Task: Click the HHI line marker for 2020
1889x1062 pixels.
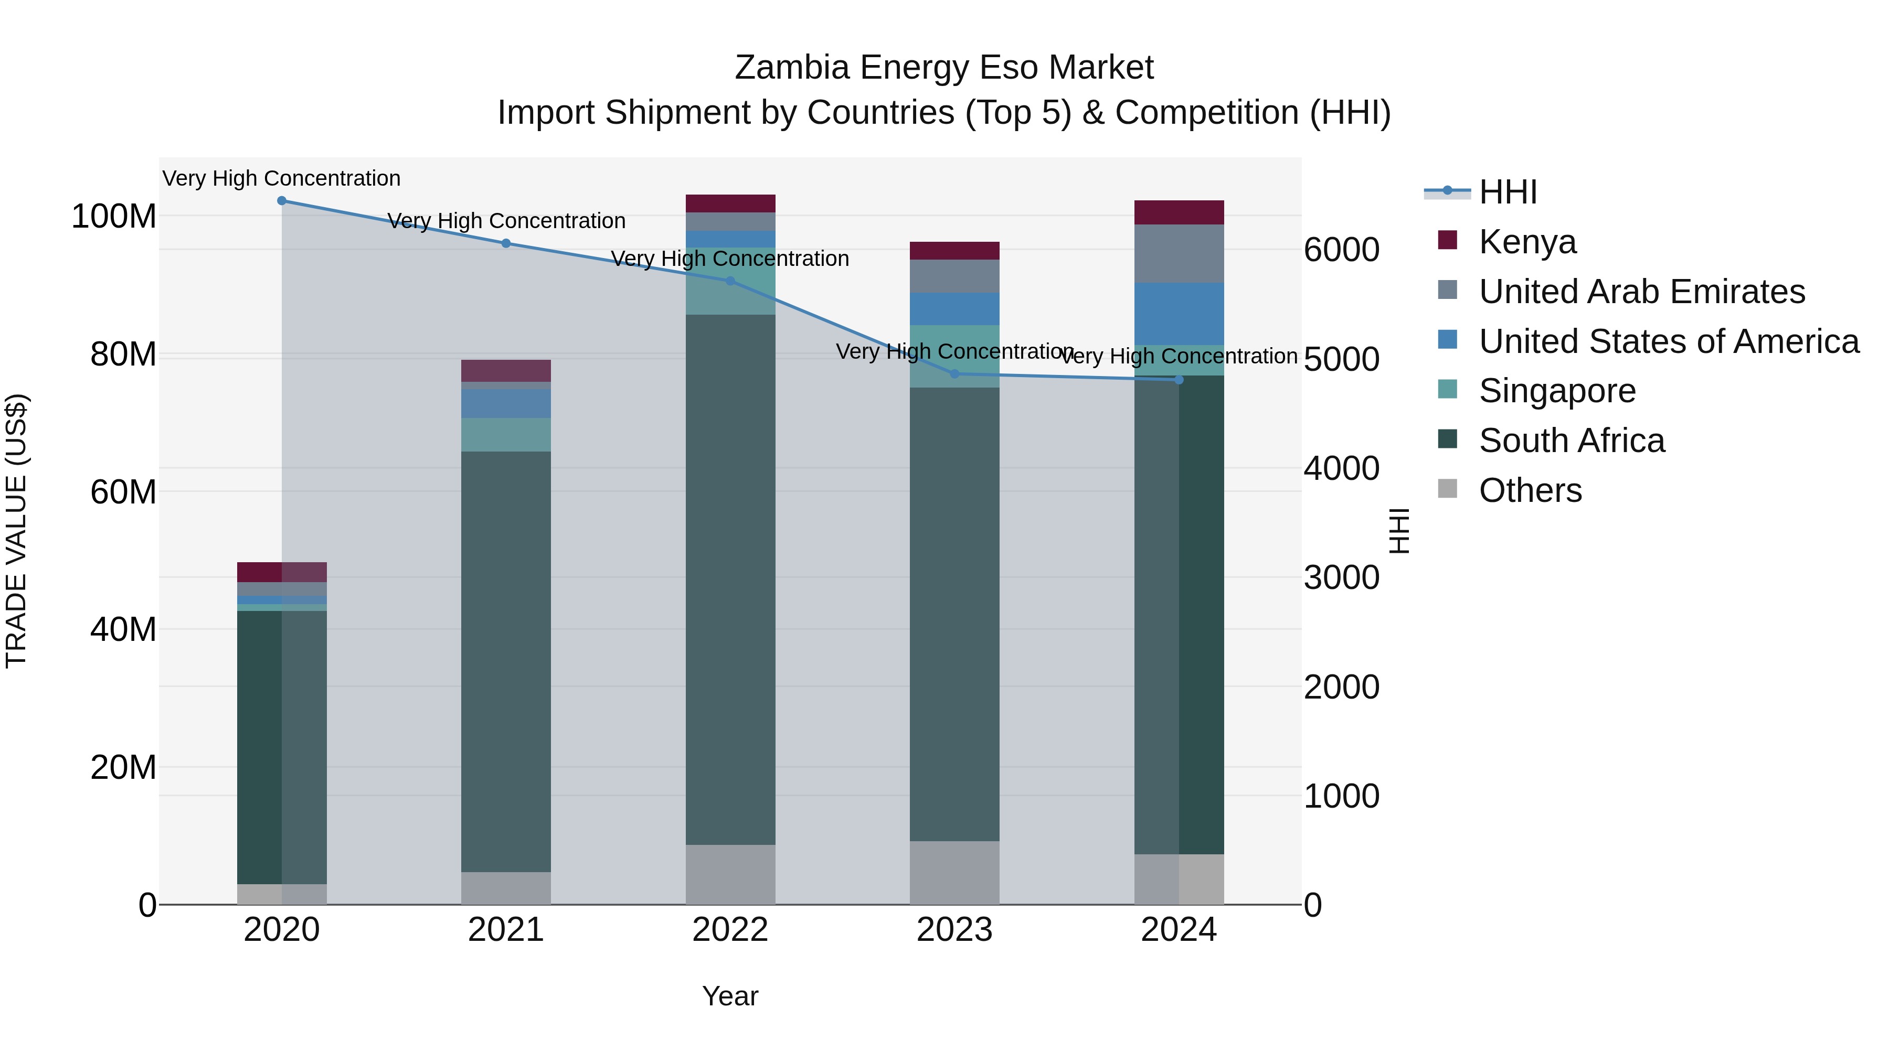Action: tap(282, 200)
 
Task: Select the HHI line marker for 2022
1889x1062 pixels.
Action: tap(730, 281)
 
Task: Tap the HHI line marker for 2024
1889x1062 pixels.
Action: tap(1179, 380)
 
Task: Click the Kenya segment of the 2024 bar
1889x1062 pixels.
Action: tap(1179, 212)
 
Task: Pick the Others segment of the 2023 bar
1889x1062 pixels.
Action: tap(954, 872)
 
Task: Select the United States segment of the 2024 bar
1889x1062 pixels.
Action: tap(1179, 314)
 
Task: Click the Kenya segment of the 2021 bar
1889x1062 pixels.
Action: tap(505, 370)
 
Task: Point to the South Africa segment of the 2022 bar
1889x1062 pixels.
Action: tap(730, 579)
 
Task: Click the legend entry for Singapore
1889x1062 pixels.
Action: tap(1557, 391)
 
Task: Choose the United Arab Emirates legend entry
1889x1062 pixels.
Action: tap(1641, 292)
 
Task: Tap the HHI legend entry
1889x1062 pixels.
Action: tap(1507, 192)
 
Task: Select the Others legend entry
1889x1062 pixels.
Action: tap(1530, 490)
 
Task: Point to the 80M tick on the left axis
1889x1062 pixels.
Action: tap(122, 355)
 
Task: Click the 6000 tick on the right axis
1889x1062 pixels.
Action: tap(1341, 250)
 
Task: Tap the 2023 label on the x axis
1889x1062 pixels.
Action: tap(954, 930)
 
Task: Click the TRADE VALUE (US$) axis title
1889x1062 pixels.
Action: tap(16, 531)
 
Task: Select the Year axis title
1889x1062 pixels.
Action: tap(730, 996)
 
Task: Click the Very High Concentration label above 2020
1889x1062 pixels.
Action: tap(282, 178)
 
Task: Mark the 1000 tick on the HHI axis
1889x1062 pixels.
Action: tap(1341, 796)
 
